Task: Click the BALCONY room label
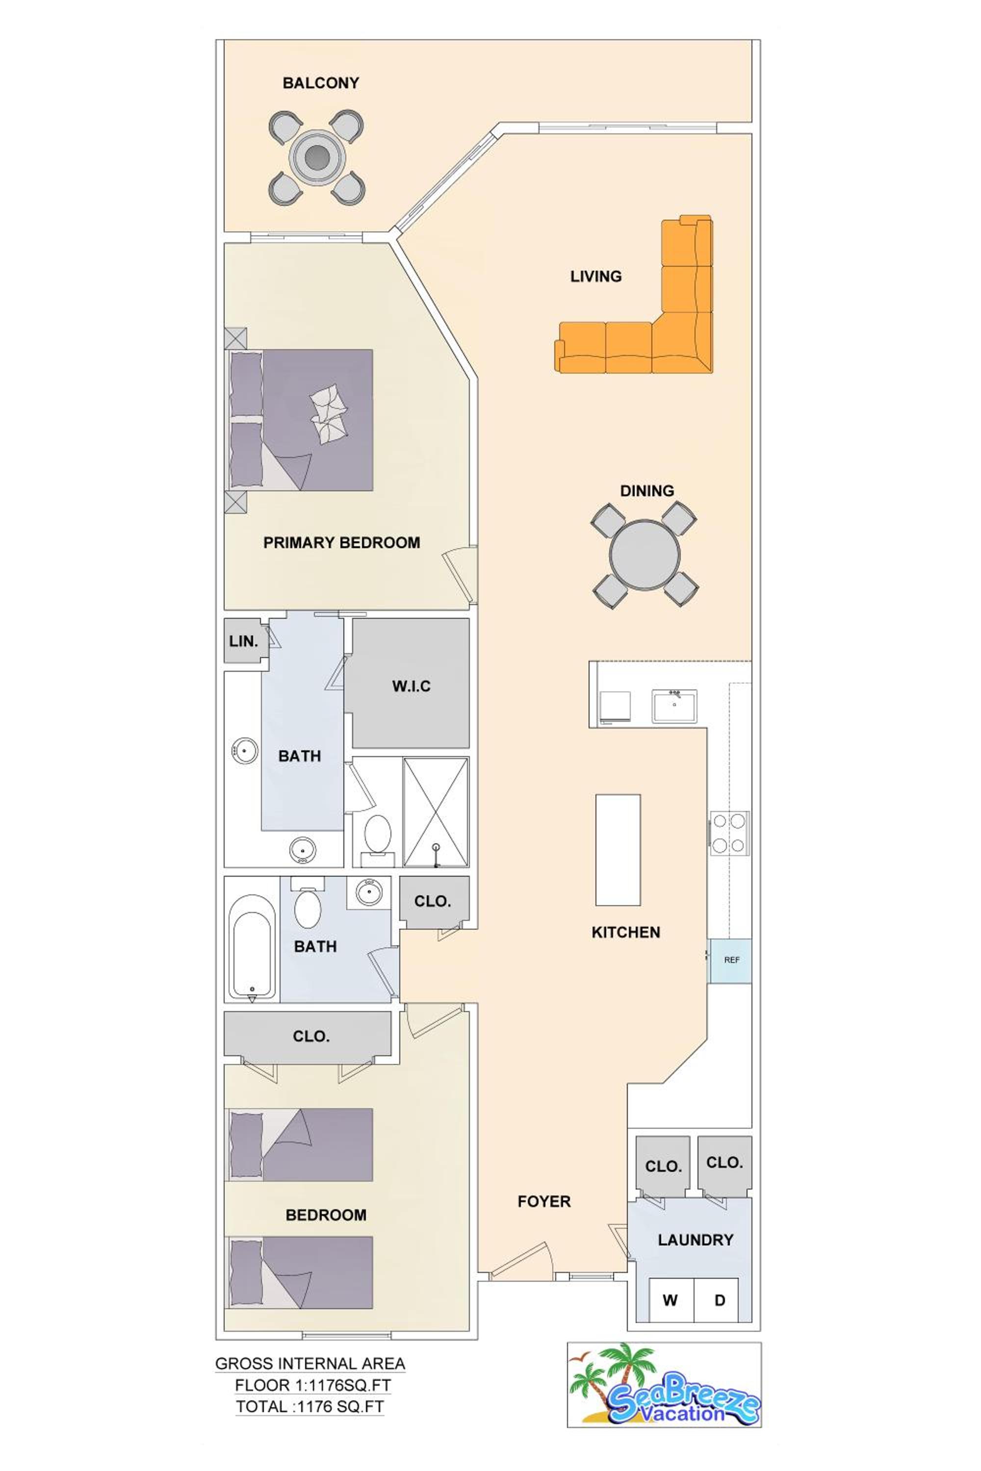point(321,83)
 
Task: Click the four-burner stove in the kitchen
point(729,833)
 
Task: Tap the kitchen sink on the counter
point(674,706)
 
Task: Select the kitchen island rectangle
point(618,850)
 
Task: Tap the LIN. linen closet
point(243,641)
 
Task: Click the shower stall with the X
point(436,812)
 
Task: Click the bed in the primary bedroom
point(302,420)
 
